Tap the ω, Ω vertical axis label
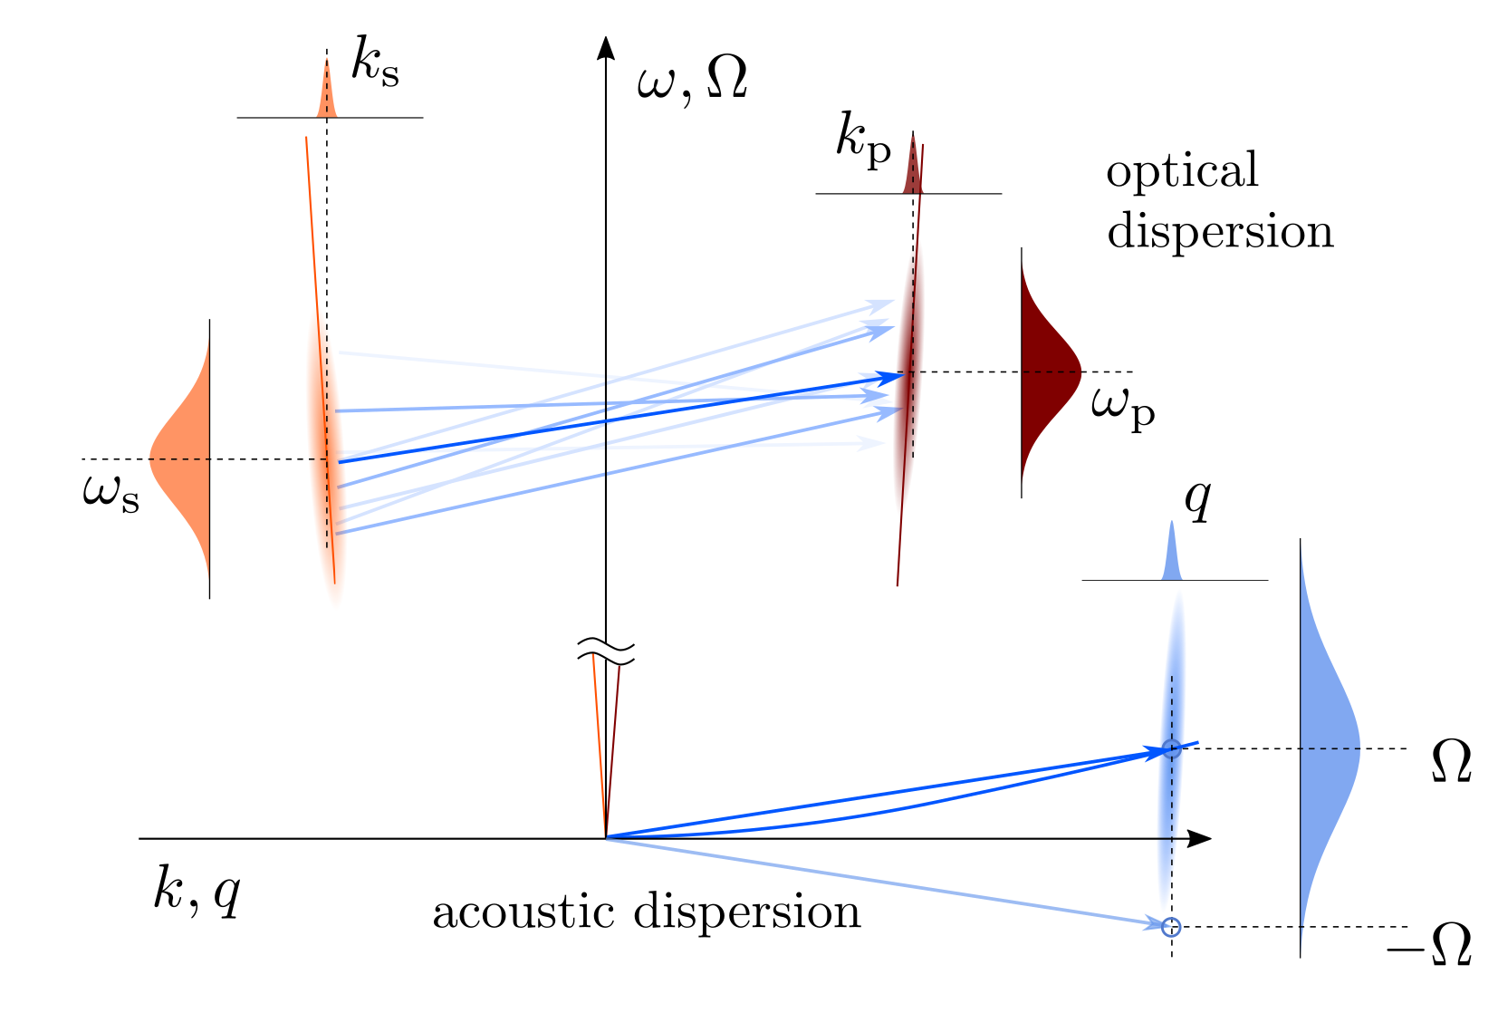pyautogui.click(x=692, y=83)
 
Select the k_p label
pyautogui.click(x=863, y=142)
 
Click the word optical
pyautogui.click(x=1182, y=170)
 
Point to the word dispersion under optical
pyautogui.click(x=1220, y=231)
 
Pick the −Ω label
pyautogui.click(x=1429, y=946)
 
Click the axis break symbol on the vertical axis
pyautogui.click(x=606, y=649)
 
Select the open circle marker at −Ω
pyautogui.click(x=1171, y=926)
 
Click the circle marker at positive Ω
pyautogui.click(x=1171, y=749)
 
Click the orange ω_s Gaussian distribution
pyautogui.click(x=185, y=458)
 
